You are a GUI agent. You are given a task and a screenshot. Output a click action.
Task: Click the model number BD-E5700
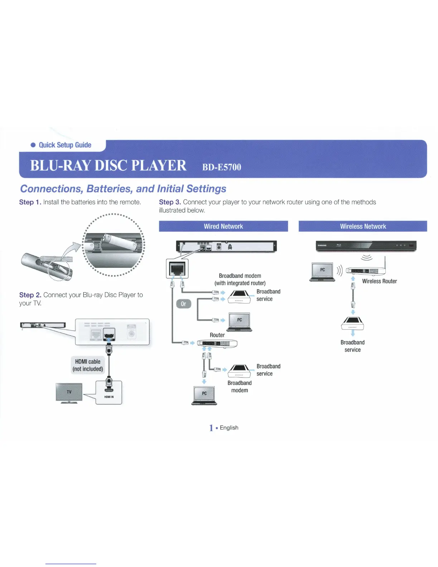222,167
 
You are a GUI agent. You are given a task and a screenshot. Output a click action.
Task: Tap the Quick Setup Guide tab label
65,145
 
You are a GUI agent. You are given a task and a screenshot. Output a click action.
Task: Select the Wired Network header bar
223,226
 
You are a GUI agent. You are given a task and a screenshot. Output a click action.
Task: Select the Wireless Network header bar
363,226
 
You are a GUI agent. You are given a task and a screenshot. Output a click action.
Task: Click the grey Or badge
184,304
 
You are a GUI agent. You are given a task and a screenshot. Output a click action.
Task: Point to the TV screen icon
69,392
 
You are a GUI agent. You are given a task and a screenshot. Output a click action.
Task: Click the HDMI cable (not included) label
88,365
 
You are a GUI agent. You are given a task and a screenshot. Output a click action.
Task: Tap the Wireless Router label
379,281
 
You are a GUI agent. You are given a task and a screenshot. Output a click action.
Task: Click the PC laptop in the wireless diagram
322,271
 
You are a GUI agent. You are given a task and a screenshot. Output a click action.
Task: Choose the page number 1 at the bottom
211,428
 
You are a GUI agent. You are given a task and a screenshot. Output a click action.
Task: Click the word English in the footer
229,428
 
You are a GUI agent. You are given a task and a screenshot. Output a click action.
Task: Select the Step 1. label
30,202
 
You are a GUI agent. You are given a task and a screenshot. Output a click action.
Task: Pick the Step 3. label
170,202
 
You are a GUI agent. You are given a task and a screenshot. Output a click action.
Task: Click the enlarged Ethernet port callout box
177,268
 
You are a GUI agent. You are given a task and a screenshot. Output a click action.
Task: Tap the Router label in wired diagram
217,335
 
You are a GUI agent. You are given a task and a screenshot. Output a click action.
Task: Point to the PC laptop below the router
204,395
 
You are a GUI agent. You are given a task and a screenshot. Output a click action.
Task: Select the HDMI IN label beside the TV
109,397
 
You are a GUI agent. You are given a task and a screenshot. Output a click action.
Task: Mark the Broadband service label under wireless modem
352,346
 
